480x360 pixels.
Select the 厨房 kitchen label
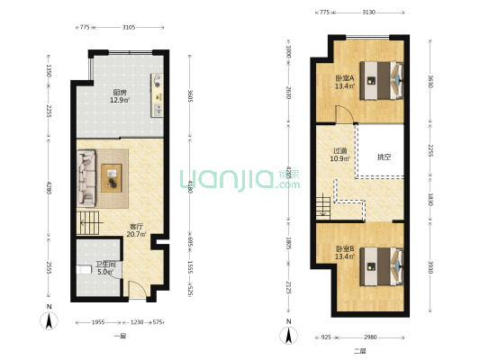[119, 94]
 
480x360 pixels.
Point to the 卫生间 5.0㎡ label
[105, 267]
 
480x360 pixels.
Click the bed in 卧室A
[382, 78]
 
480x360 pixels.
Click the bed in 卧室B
[382, 265]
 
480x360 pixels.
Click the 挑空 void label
[384, 157]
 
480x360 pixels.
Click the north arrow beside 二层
[289, 336]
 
